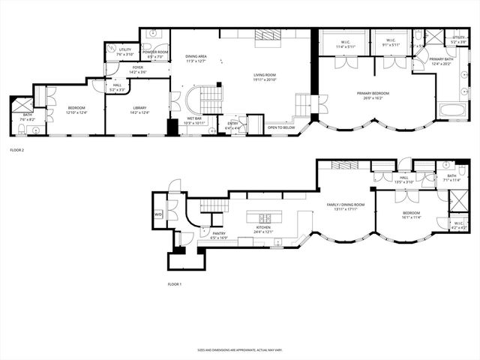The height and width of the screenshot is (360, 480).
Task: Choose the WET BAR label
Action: [193, 119]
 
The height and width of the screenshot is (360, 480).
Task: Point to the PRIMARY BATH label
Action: [441, 61]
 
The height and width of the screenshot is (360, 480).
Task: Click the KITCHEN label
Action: [263, 230]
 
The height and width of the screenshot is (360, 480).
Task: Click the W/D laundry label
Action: [158, 214]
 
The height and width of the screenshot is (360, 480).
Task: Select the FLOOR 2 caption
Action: [17, 151]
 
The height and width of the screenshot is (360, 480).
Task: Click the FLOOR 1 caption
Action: [175, 284]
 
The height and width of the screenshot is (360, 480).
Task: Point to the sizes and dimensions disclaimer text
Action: [240, 349]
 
